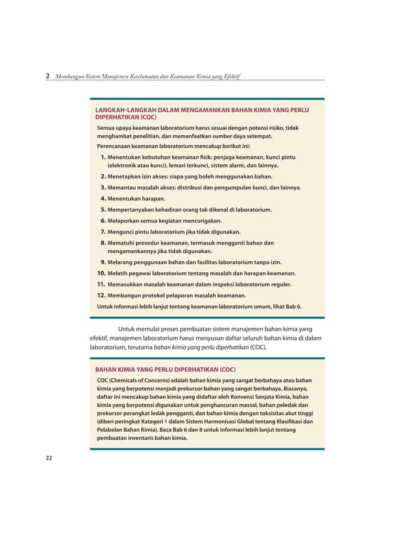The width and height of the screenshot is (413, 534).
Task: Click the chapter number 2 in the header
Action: [47, 76]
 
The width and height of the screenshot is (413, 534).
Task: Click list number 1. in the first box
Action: [103, 157]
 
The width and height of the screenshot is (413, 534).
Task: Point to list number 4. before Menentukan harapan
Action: [103, 198]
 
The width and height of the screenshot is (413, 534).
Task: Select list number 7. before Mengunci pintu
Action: [103, 231]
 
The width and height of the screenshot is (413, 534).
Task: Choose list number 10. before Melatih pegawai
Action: [102, 273]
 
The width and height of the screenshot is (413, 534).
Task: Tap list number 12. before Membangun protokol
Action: [102, 295]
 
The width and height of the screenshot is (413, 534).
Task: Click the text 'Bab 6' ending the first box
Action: [293, 306]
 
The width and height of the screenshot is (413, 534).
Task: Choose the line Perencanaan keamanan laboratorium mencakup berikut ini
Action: [173, 146]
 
